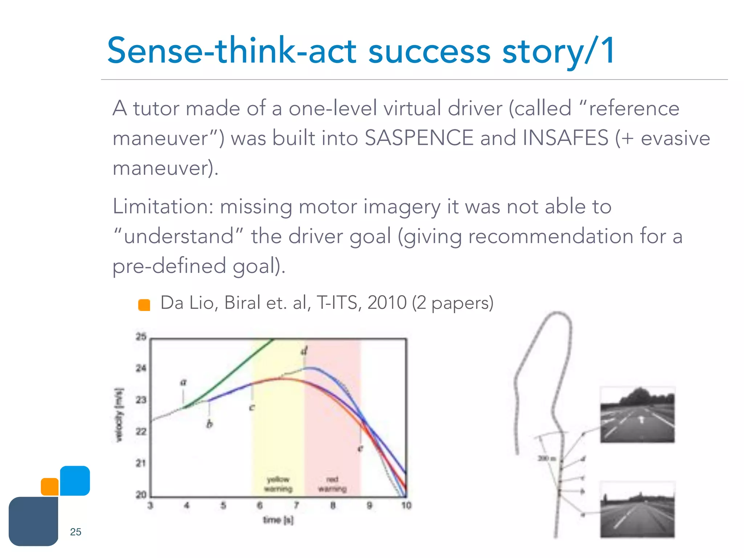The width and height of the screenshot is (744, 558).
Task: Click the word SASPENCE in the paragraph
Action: coord(418,138)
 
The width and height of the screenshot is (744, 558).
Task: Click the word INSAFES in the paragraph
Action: coord(565,138)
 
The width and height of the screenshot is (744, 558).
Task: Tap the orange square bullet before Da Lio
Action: coord(144,305)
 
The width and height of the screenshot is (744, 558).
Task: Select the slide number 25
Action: coord(76,532)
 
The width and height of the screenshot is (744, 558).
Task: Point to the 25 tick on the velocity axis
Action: coord(141,337)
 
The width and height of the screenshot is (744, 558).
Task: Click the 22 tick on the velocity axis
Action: coord(141,432)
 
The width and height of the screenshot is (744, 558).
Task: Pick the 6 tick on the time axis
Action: coord(260,505)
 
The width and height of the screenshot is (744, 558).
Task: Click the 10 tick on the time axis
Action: coord(406,505)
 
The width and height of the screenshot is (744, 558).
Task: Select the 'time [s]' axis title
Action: coord(278,520)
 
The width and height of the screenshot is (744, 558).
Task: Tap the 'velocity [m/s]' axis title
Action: coord(119,415)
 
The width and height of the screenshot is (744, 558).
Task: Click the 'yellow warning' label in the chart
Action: coord(278,484)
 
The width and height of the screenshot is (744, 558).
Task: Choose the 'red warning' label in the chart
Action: coord(332,484)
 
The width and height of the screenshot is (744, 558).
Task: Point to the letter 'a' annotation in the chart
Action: coord(183,382)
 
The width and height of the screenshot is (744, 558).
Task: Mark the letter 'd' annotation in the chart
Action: coord(304,351)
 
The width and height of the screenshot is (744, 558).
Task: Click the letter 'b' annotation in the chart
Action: coord(210,424)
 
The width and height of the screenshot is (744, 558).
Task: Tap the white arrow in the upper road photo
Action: coord(641,420)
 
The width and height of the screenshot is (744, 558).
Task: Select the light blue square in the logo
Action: coord(75,480)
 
